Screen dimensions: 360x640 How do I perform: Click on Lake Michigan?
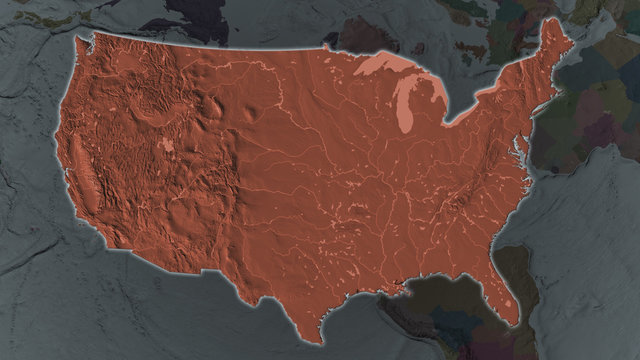406,108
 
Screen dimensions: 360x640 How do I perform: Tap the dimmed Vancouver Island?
70,25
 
